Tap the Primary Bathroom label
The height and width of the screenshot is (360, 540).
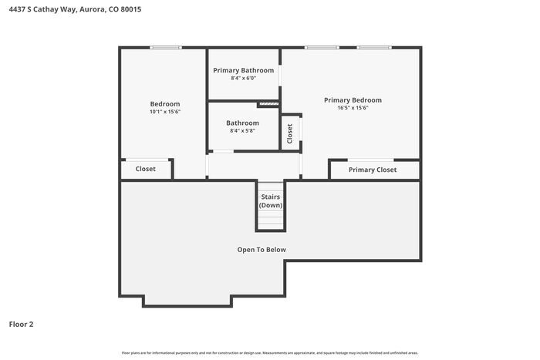[x=243, y=70]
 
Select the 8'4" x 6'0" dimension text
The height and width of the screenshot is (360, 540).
[x=243, y=78]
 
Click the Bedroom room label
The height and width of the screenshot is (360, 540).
[x=165, y=104]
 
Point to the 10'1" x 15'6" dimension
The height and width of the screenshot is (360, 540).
[x=165, y=112]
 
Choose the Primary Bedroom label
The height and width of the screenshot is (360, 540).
[x=353, y=99]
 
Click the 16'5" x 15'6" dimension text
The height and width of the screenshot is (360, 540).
[x=353, y=108]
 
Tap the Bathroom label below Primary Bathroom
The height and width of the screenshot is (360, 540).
[x=242, y=123]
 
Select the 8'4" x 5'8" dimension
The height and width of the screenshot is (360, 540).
[x=242, y=130]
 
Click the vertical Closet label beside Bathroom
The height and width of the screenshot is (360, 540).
[x=290, y=133]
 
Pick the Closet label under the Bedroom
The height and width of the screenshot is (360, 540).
[x=145, y=169]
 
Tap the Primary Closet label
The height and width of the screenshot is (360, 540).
[x=373, y=170]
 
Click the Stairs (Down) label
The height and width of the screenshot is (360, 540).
[x=270, y=201]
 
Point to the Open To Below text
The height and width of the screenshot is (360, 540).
[x=261, y=249]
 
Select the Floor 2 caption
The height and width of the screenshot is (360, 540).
[x=21, y=324]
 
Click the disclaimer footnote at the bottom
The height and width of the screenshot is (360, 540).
[x=270, y=352]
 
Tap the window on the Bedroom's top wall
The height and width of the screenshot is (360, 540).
[x=166, y=48]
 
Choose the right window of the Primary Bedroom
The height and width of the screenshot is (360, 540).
[x=373, y=48]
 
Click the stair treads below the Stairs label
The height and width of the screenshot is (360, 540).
[x=270, y=220]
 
